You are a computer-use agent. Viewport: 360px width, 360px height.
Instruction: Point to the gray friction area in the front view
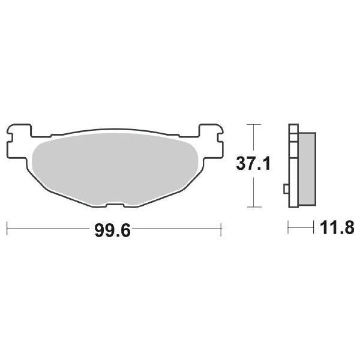click(x=114, y=168)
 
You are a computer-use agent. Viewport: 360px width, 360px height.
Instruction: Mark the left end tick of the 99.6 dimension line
click(x=7, y=228)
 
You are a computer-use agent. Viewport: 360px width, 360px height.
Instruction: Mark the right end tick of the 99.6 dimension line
click(x=222, y=228)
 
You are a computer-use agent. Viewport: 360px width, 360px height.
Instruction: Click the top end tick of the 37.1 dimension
click(x=254, y=124)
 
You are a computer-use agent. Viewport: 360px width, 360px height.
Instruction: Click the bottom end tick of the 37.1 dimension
click(x=254, y=207)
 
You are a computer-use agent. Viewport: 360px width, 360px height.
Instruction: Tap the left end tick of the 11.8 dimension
click(x=289, y=228)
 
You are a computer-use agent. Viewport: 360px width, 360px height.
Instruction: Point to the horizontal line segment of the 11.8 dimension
click(x=302, y=228)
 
